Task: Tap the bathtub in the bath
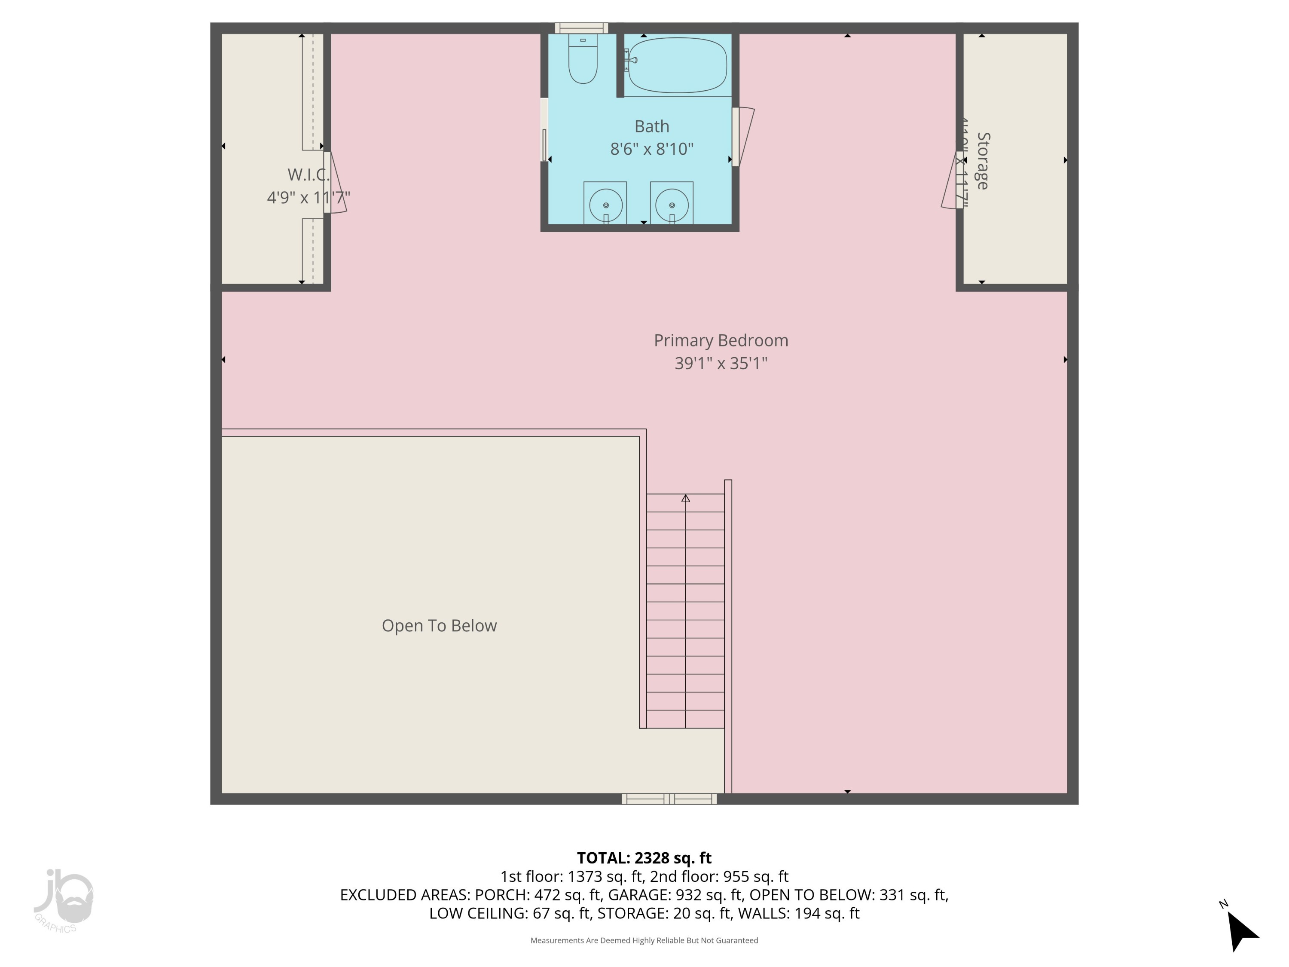click(678, 65)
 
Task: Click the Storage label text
click(983, 161)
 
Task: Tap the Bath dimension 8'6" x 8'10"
click(651, 149)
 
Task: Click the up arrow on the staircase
click(685, 499)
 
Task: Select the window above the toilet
click(581, 28)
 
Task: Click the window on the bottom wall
click(669, 799)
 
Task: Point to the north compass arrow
click(1241, 931)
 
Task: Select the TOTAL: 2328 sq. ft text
click(644, 858)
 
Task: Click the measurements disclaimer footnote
click(644, 940)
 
